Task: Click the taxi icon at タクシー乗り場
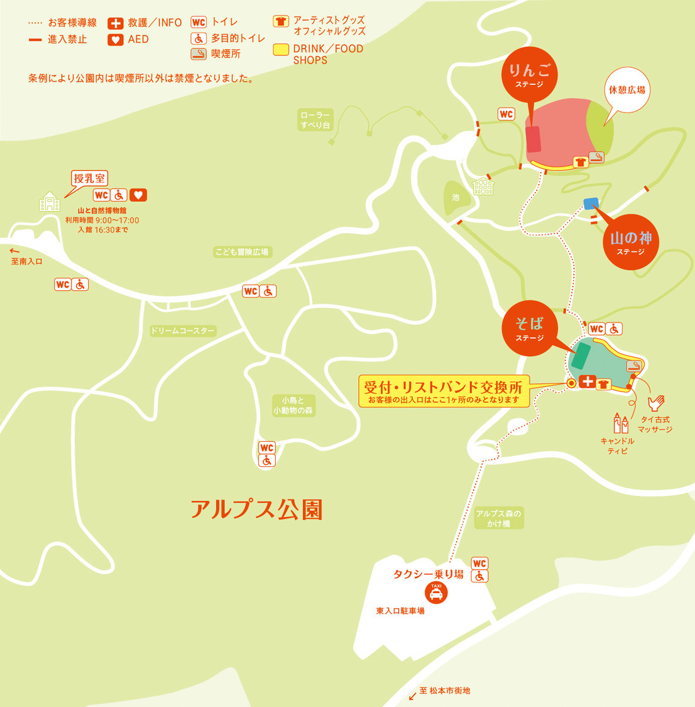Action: pos(436,592)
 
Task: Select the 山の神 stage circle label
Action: pos(630,242)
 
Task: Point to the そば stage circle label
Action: pos(529,328)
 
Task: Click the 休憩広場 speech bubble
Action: pos(626,90)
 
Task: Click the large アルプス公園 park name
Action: pos(256,509)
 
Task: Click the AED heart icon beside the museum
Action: pos(138,195)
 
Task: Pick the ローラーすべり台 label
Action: pos(315,119)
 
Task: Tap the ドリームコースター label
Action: pos(182,331)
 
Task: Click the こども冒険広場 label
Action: pos(242,252)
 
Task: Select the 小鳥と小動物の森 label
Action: pos(293,405)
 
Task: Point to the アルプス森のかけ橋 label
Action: pos(498,518)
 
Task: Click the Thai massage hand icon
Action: pos(656,403)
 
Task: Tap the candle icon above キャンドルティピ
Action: pos(620,423)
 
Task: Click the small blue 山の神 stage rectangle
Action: pos(591,204)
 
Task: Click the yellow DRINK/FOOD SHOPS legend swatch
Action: pos(281,50)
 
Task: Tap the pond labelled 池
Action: pos(455,197)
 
